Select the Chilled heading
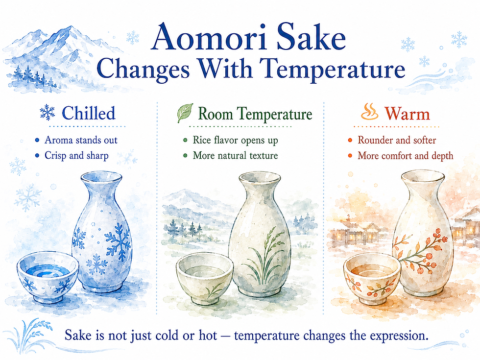tap(89, 113)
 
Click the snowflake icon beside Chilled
tap(47, 112)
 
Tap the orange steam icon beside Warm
tap(369, 112)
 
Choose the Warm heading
tap(408, 114)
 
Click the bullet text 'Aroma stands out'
tap(81, 140)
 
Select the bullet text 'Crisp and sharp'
tap(76, 156)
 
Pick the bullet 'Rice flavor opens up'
tap(236, 140)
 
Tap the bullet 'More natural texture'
tap(236, 156)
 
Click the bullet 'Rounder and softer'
tap(397, 140)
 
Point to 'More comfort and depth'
tap(406, 156)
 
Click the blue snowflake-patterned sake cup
tap(48, 278)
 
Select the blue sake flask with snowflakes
tap(102, 232)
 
